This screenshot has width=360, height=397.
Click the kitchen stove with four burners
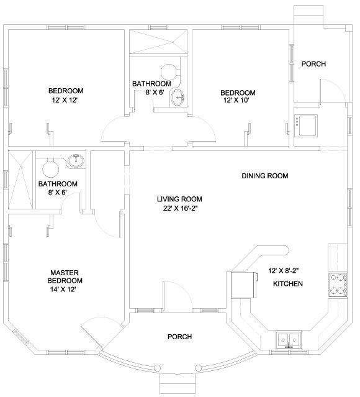(x=338, y=285)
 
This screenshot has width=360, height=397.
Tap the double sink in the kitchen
(x=289, y=339)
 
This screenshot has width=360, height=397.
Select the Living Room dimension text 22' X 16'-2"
(x=180, y=208)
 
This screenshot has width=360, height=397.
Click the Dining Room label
(x=265, y=176)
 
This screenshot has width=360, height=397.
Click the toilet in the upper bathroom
(x=170, y=71)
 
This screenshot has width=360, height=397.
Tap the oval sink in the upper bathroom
(x=178, y=98)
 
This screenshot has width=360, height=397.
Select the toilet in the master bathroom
(x=51, y=168)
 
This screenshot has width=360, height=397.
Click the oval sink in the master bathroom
(x=76, y=161)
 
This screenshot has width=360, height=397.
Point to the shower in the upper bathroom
(x=158, y=42)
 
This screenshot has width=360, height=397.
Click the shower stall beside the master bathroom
(x=20, y=180)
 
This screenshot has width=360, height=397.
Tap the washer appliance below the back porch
(x=306, y=126)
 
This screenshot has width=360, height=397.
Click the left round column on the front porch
(x=157, y=367)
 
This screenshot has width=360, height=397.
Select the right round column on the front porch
(x=198, y=367)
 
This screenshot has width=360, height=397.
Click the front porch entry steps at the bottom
(x=178, y=383)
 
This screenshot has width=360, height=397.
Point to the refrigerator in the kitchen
(x=244, y=285)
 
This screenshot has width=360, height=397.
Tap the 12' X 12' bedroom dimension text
(x=65, y=100)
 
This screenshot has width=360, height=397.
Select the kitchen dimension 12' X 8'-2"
(x=284, y=271)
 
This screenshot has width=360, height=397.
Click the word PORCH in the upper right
(x=313, y=64)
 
